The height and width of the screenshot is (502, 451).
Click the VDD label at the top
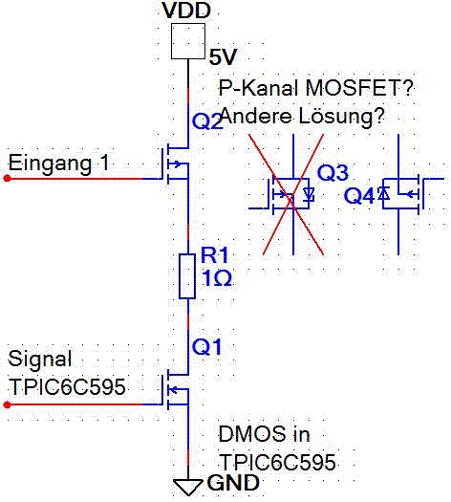point(186,11)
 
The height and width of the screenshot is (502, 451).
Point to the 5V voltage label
point(223,57)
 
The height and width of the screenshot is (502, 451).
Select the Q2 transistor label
point(206,121)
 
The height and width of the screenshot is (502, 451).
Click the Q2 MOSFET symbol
point(175,164)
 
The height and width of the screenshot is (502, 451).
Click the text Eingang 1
point(58,164)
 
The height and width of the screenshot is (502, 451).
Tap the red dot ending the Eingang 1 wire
point(8,178)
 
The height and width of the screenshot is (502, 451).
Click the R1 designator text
point(214,255)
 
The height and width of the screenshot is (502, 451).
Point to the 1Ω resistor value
point(217,277)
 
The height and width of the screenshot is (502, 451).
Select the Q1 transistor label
point(206,347)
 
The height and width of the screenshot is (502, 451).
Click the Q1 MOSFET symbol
point(175,389)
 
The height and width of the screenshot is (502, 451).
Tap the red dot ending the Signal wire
point(8,405)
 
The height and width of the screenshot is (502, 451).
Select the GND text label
point(233,483)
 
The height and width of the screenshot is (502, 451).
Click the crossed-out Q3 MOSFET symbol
point(291,195)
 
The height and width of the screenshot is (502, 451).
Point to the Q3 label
point(333,172)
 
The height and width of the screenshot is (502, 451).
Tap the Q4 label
point(359,196)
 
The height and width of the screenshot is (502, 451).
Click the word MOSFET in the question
point(353,87)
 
